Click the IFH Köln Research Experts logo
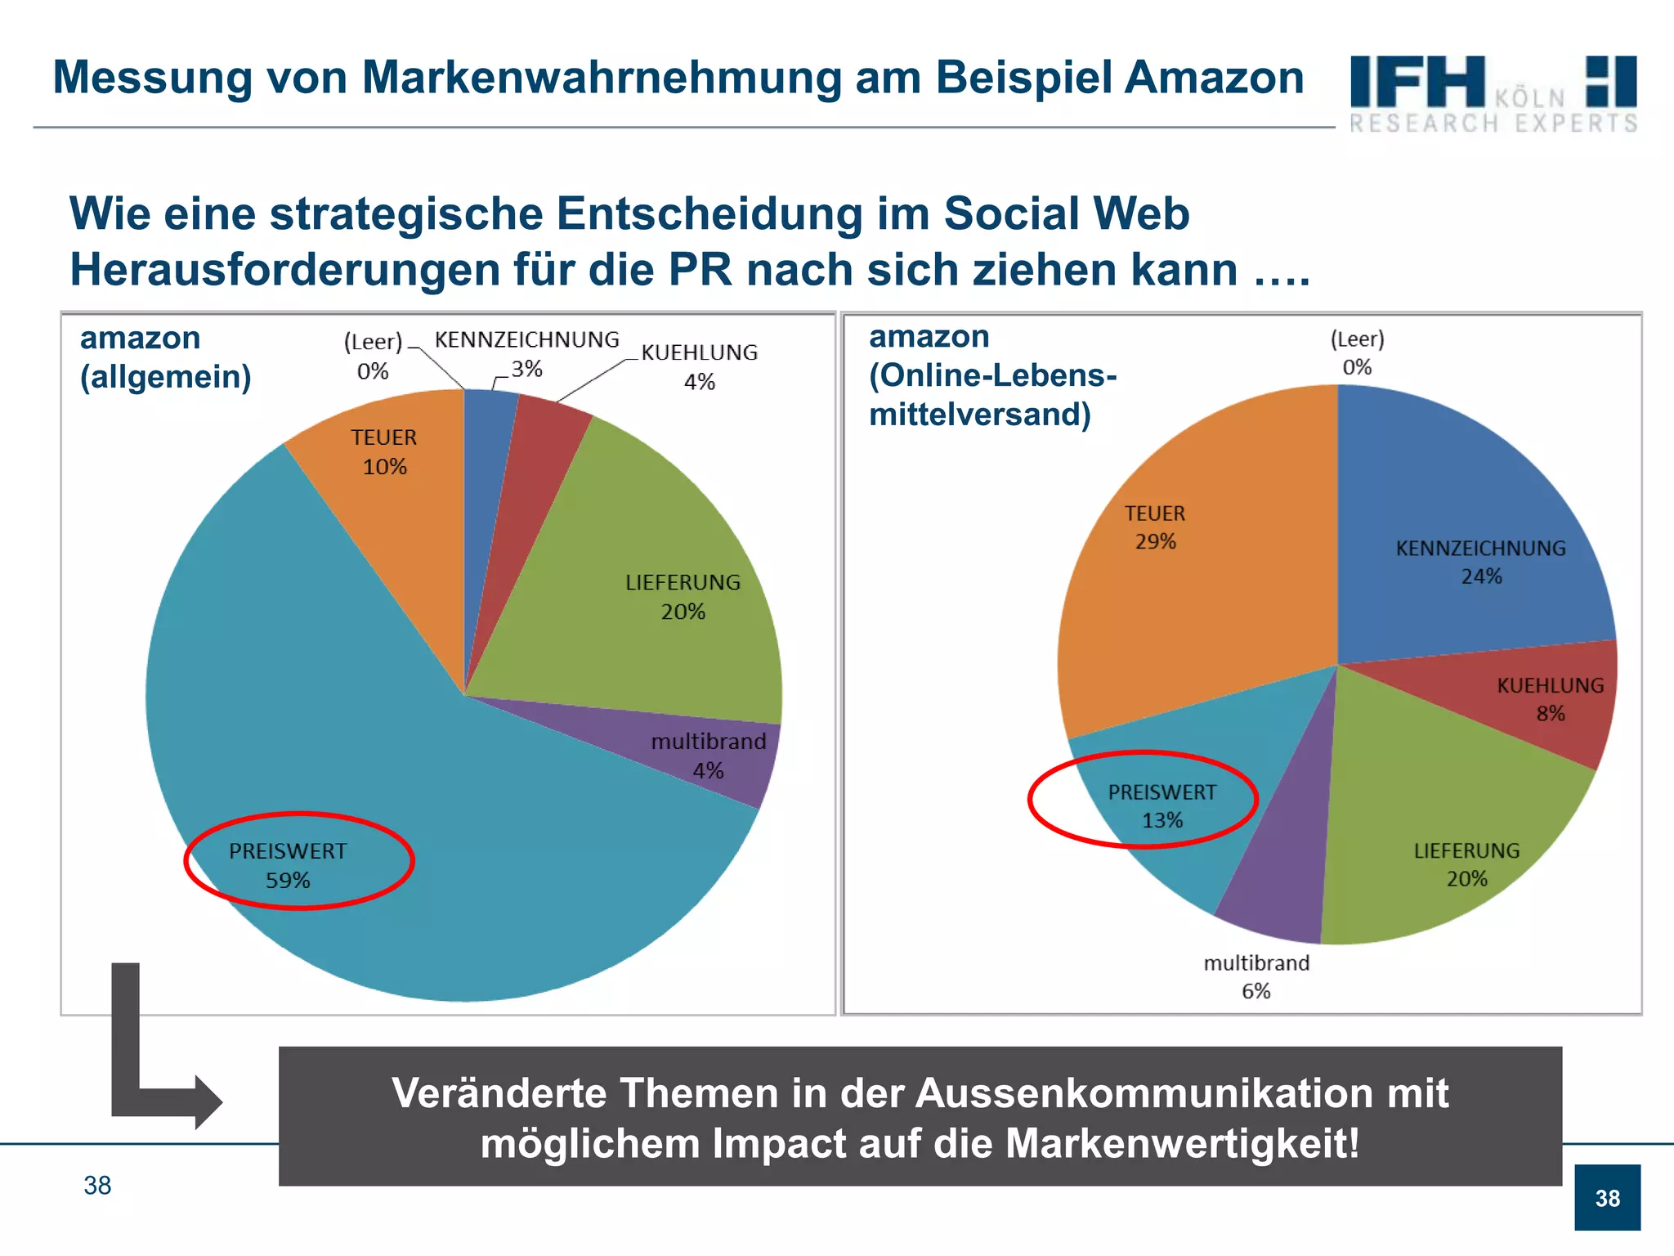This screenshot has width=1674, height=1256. pyautogui.click(x=1493, y=93)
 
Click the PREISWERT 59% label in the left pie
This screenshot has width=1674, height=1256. pyautogui.click(x=288, y=865)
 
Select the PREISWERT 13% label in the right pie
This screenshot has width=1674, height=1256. pyautogui.click(x=1162, y=805)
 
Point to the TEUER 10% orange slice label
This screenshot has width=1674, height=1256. pyautogui.click(x=384, y=451)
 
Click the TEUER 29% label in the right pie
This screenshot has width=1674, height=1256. pyautogui.click(x=1154, y=527)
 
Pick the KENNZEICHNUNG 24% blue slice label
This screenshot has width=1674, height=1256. pyautogui.click(x=1480, y=562)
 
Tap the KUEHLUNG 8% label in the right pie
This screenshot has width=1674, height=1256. pyautogui.click(x=1550, y=698)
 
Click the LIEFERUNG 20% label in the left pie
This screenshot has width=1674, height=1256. pyautogui.click(x=683, y=596)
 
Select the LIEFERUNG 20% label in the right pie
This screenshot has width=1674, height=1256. pyautogui.click(x=1466, y=864)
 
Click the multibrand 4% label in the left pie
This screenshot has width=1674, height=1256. pyautogui.click(x=708, y=755)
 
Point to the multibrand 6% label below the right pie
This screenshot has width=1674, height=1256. pyautogui.click(x=1256, y=976)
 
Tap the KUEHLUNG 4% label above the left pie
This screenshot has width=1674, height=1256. pyautogui.click(x=699, y=366)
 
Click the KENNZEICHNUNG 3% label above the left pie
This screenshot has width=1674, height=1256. pyautogui.click(x=526, y=353)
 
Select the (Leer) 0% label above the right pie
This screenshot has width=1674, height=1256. pyautogui.click(x=1357, y=352)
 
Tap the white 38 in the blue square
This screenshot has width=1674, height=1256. pyautogui.click(x=1607, y=1198)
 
